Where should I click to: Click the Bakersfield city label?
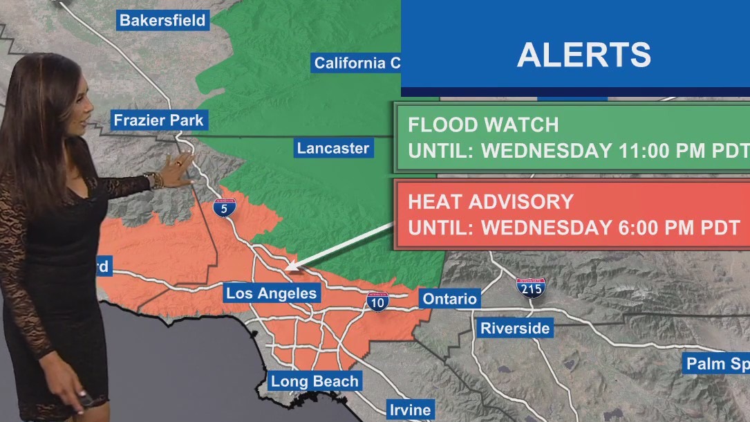point(162,20)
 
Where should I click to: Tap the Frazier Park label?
point(158,120)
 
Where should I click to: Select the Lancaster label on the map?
point(333,148)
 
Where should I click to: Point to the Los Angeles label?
point(271,293)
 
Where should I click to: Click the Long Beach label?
point(315,381)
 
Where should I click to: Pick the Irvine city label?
point(410,410)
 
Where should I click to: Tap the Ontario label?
point(450,299)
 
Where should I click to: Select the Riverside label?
point(516,328)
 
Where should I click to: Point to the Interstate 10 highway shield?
point(377,301)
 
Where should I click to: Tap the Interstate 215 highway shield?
point(530,287)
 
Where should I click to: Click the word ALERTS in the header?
point(583,55)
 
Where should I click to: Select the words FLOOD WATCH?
point(483,125)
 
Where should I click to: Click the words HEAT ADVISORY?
point(491,202)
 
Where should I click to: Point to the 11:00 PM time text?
point(668,151)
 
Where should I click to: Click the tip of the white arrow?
point(288,267)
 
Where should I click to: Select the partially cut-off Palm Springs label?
point(716,364)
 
